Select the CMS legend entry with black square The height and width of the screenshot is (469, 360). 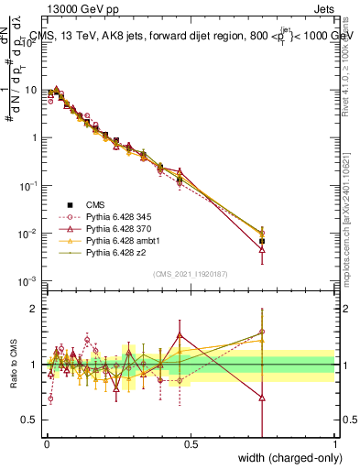(82, 204)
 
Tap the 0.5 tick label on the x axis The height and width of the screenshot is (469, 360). (190, 444)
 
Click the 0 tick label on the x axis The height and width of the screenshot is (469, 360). (45, 444)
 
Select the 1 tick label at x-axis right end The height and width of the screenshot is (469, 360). (334, 444)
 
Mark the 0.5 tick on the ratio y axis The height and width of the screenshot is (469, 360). (32, 420)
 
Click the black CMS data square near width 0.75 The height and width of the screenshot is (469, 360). (262, 241)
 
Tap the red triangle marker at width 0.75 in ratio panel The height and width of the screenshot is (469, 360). (262, 398)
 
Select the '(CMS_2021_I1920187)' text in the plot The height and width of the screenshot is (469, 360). (190, 272)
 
